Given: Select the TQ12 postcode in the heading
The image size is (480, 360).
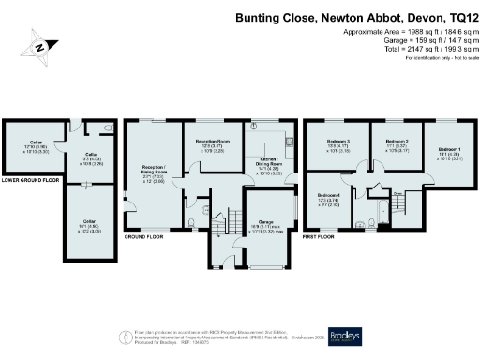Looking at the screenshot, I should (x=455, y=18).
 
